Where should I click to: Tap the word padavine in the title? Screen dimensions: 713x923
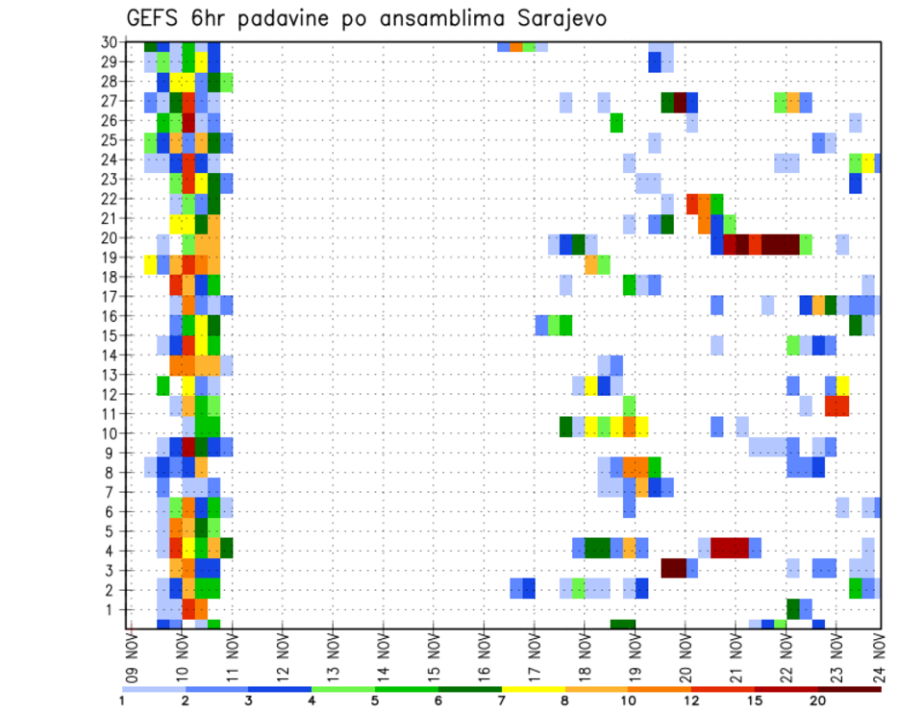tap(287, 18)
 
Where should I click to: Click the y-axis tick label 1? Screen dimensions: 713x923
tap(113, 609)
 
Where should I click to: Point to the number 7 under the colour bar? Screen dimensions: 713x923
tap(502, 701)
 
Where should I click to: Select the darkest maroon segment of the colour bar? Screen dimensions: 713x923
tap(850, 689)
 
